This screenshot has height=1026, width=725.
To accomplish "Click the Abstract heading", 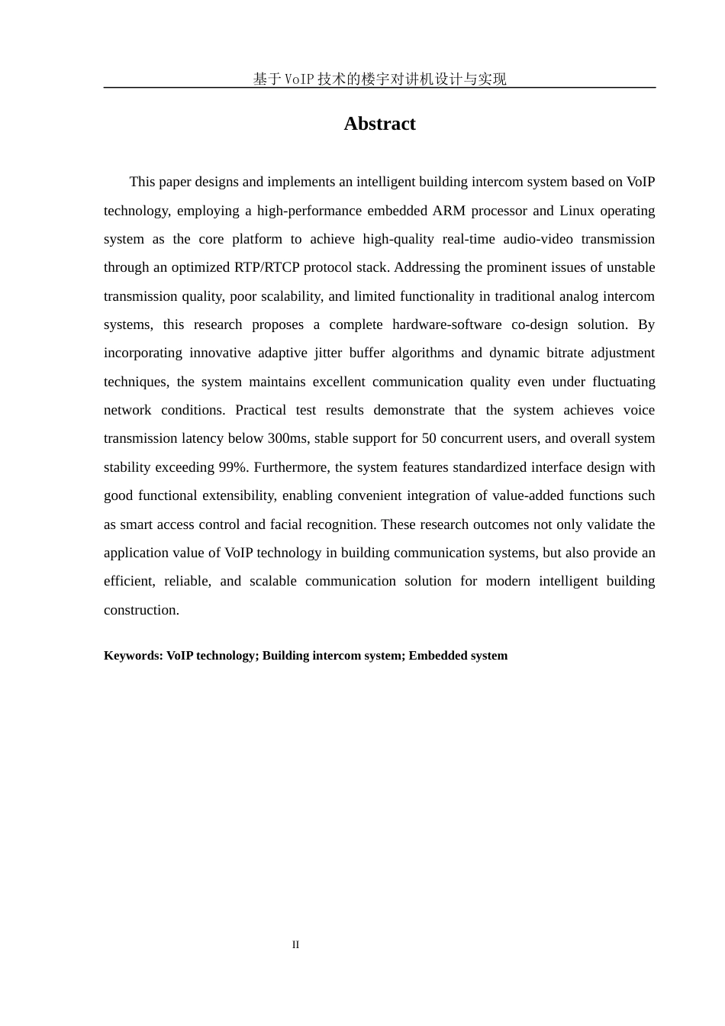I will point(379,124).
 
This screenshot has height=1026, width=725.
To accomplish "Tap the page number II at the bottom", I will point(295,945).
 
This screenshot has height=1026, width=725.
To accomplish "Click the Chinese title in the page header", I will point(379,79).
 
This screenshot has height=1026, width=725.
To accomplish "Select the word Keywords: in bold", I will point(134,656).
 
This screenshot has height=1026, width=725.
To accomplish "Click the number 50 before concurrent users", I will point(429,439).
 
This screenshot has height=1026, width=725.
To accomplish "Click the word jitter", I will point(328,353).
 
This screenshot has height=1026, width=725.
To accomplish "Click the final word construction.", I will point(141,610).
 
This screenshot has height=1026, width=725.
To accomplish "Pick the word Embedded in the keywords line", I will point(437,656).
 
